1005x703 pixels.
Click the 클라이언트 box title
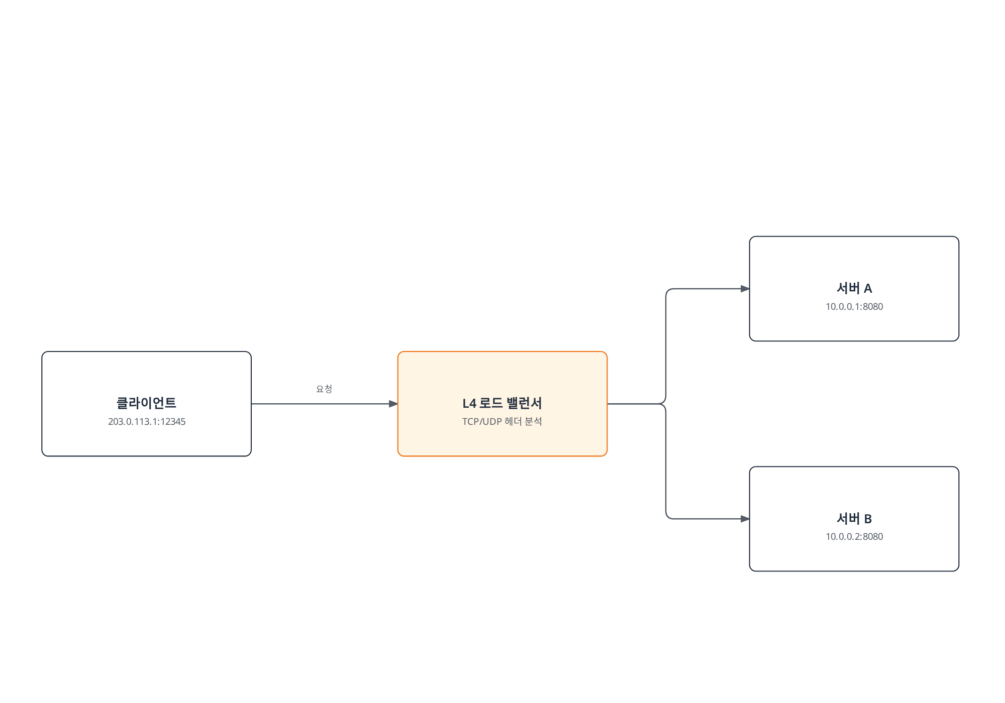click(x=146, y=403)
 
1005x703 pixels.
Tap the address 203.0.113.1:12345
click(x=147, y=422)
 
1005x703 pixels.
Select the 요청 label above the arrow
click(x=324, y=389)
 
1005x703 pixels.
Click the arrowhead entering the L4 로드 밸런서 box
click(x=393, y=404)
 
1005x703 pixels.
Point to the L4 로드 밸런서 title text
click(x=502, y=403)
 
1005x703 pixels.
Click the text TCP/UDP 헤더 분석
click(x=502, y=421)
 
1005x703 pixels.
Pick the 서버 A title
click(x=854, y=288)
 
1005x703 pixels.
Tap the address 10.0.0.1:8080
click(x=854, y=307)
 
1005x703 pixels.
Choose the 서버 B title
click(x=854, y=518)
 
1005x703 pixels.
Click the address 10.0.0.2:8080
click(x=854, y=537)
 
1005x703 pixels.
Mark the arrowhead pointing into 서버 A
click(x=745, y=289)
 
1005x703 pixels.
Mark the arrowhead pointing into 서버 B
click(x=745, y=519)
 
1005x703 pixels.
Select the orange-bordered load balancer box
click(x=502, y=404)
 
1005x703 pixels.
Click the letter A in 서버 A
click(x=868, y=288)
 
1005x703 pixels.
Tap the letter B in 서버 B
click(x=868, y=519)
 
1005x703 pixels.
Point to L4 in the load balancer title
click(x=469, y=403)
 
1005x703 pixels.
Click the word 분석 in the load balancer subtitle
click(x=534, y=421)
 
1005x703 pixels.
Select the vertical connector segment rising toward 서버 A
click(x=666, y=346)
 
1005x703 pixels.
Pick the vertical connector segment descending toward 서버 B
click(x=666, y=461)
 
